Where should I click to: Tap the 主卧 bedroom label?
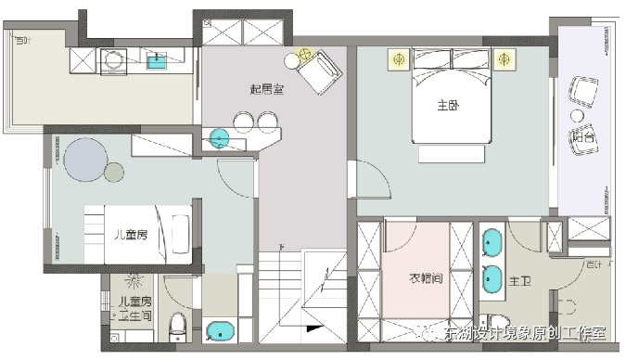click(x=449, y=106)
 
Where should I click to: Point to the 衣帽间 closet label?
click(x=426, y=277)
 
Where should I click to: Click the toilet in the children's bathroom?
click(x=178, y=327)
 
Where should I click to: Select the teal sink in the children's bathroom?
click(x=221, y=330)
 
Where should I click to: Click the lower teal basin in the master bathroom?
click(x=493, y=276)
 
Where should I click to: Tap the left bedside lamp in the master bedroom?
click(x=399, y=59)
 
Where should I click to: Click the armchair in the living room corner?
click(x=320, y=71)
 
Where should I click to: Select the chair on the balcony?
click(x=584, y=92)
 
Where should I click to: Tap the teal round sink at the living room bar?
click(x=219, y=139)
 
